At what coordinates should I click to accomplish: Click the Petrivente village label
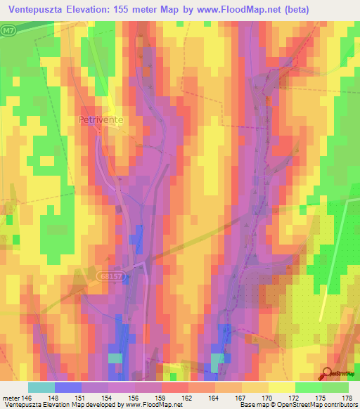point(101,120)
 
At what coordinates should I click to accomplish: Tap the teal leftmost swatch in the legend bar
point(41,387)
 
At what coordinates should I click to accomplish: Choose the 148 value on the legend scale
point(60,397)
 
